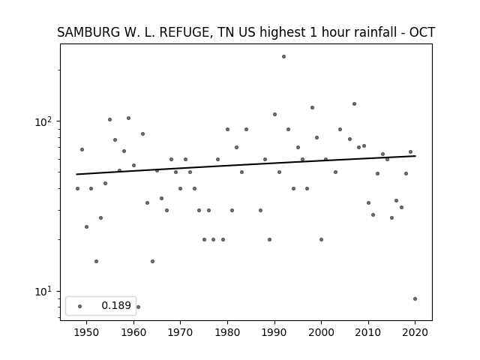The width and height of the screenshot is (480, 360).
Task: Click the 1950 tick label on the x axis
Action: point(87,332)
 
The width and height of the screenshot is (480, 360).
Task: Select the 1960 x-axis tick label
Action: point(133,332)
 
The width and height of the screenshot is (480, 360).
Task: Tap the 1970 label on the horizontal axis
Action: point(180,332)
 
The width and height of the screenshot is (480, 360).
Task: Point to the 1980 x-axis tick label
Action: point(227,332)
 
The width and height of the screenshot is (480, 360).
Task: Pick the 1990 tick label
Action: point(274,332)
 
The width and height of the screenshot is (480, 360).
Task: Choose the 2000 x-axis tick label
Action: point(321,332)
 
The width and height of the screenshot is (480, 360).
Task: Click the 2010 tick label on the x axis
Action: point(368,332)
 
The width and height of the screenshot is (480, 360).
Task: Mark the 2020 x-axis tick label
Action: point(415,332)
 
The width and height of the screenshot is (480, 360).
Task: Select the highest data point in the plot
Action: point(283,57)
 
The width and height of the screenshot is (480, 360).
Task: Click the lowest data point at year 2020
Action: point(415,298)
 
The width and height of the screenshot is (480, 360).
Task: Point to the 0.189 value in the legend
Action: point(116,305)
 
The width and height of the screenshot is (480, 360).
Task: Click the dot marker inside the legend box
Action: point(80,306)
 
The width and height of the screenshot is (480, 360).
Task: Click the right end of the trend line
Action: point(415,156)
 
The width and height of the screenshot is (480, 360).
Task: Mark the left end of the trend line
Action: point(76,174)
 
